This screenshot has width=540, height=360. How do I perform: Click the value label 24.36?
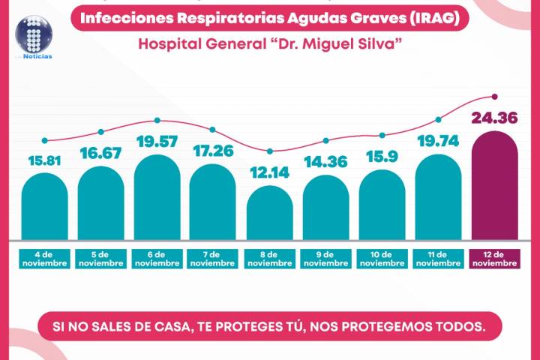[x=494, y=117]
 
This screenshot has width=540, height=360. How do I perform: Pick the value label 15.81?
[x=45, y=160]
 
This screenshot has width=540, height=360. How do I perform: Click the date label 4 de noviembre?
[x=45, y=259]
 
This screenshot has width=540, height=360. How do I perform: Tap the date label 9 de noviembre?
[x=325, y=259]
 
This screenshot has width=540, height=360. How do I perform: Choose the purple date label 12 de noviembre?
[x=494, y=259]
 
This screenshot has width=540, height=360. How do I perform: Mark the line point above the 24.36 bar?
[x=494, y=96]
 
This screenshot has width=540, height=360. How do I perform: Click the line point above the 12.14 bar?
[x=270, y=151]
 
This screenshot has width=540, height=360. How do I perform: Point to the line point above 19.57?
[x=157, y=120]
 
